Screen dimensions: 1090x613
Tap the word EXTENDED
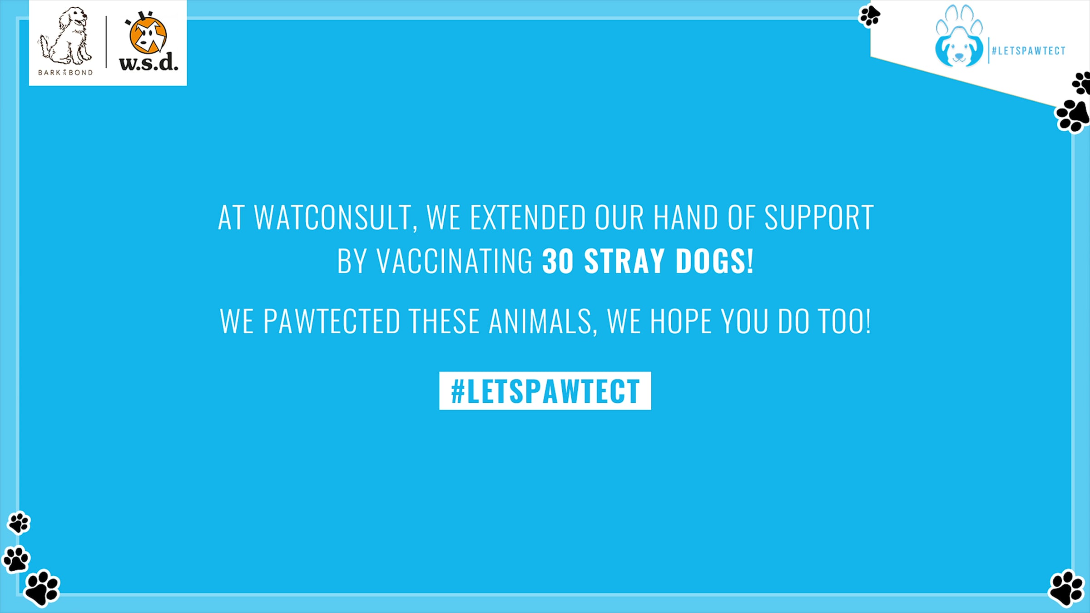tap(528, 218)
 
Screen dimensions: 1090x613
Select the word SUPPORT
tap(819, 218)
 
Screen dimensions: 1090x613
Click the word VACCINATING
tap(455, 261)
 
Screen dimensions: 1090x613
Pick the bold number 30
tap(558, 261)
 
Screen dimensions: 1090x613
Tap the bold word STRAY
tap(624, 261)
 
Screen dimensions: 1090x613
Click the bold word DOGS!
tap(714, 261)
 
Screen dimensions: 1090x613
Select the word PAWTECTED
tap(332, 321)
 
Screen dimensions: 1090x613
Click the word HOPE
tap(681, 321)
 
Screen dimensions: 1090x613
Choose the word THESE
tap(444, 321)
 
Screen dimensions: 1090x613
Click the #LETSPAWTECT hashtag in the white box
tap(545, 391)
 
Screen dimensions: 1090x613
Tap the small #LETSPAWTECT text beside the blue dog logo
tap(1029, 51)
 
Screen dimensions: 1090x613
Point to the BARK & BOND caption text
tap(65, 73)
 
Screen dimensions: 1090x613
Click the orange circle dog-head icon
tap(148, 35)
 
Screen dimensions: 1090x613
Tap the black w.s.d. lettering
tap(149, 62)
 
